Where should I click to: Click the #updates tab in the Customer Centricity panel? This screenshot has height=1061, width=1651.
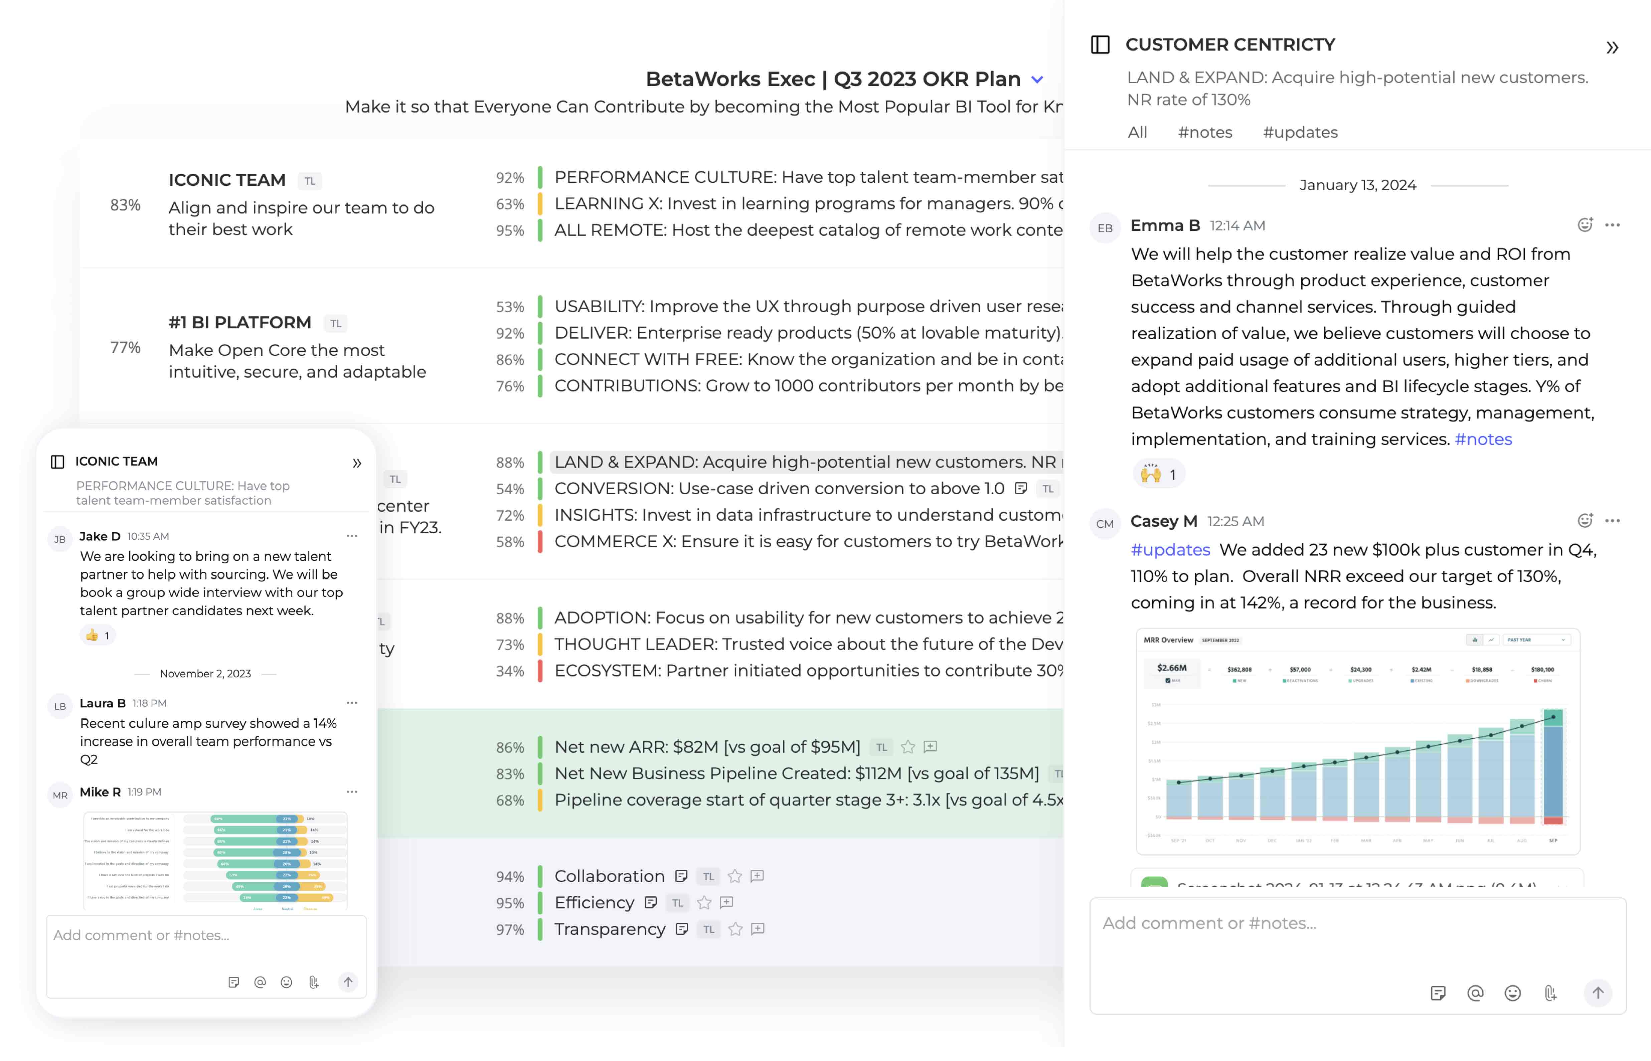coord(1300,132)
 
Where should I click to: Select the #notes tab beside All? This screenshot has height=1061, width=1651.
coord(1204,132)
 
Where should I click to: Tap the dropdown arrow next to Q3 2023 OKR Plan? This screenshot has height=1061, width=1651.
coord(1037,80)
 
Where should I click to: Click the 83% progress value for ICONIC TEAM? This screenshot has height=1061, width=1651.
coord(125,205)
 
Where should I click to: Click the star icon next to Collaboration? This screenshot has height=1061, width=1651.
coord(734,876)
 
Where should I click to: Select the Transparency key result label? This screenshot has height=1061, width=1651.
coord(609,929)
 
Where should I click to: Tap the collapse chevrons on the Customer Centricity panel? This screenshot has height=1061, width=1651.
coord(1612,47)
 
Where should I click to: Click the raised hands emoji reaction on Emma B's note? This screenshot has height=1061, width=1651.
coord(1158,475)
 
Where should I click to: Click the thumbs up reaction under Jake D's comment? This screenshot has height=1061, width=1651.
coord(97,635)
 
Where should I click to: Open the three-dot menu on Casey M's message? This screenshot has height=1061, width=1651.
coord(1612,521)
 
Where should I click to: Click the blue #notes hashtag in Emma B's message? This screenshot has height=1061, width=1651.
coord(1483,439)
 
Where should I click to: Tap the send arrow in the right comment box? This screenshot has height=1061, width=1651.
coord(1597,993)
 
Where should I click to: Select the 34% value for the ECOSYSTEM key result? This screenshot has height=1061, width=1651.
coord(510,671)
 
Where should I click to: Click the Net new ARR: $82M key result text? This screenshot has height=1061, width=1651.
coord(707,747)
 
